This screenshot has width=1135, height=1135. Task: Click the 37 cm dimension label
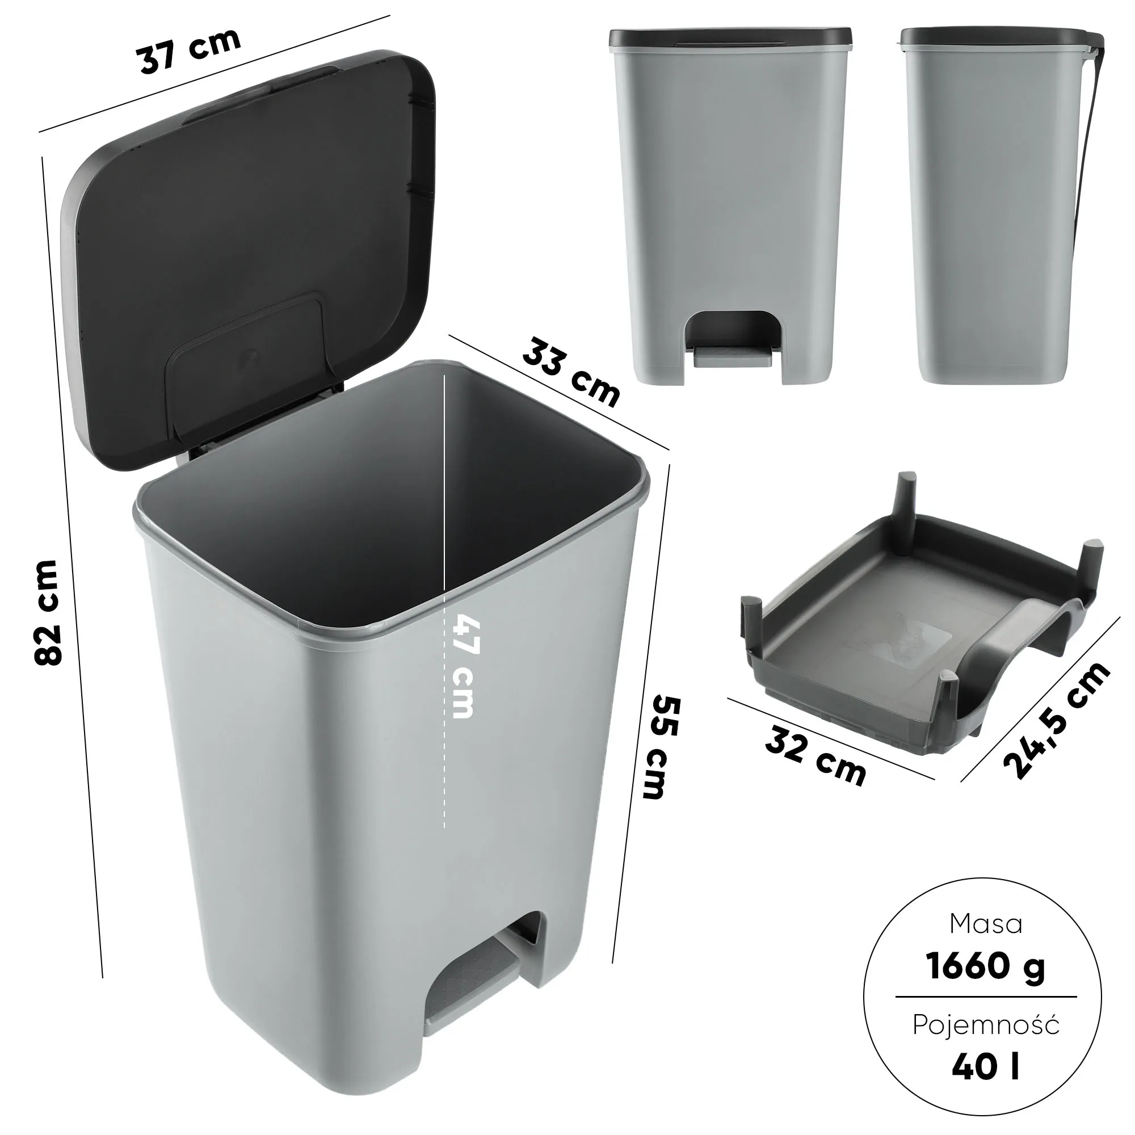point(189,51)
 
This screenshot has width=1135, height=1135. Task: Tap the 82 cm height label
point(47,612)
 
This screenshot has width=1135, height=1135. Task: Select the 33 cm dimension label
point(571,372)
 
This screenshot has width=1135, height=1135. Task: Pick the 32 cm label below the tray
point(815,756)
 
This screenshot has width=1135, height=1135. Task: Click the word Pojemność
point(985,1025)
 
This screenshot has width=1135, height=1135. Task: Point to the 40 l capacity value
point(985,1067)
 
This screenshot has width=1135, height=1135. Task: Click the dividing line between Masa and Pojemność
point(985,997)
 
